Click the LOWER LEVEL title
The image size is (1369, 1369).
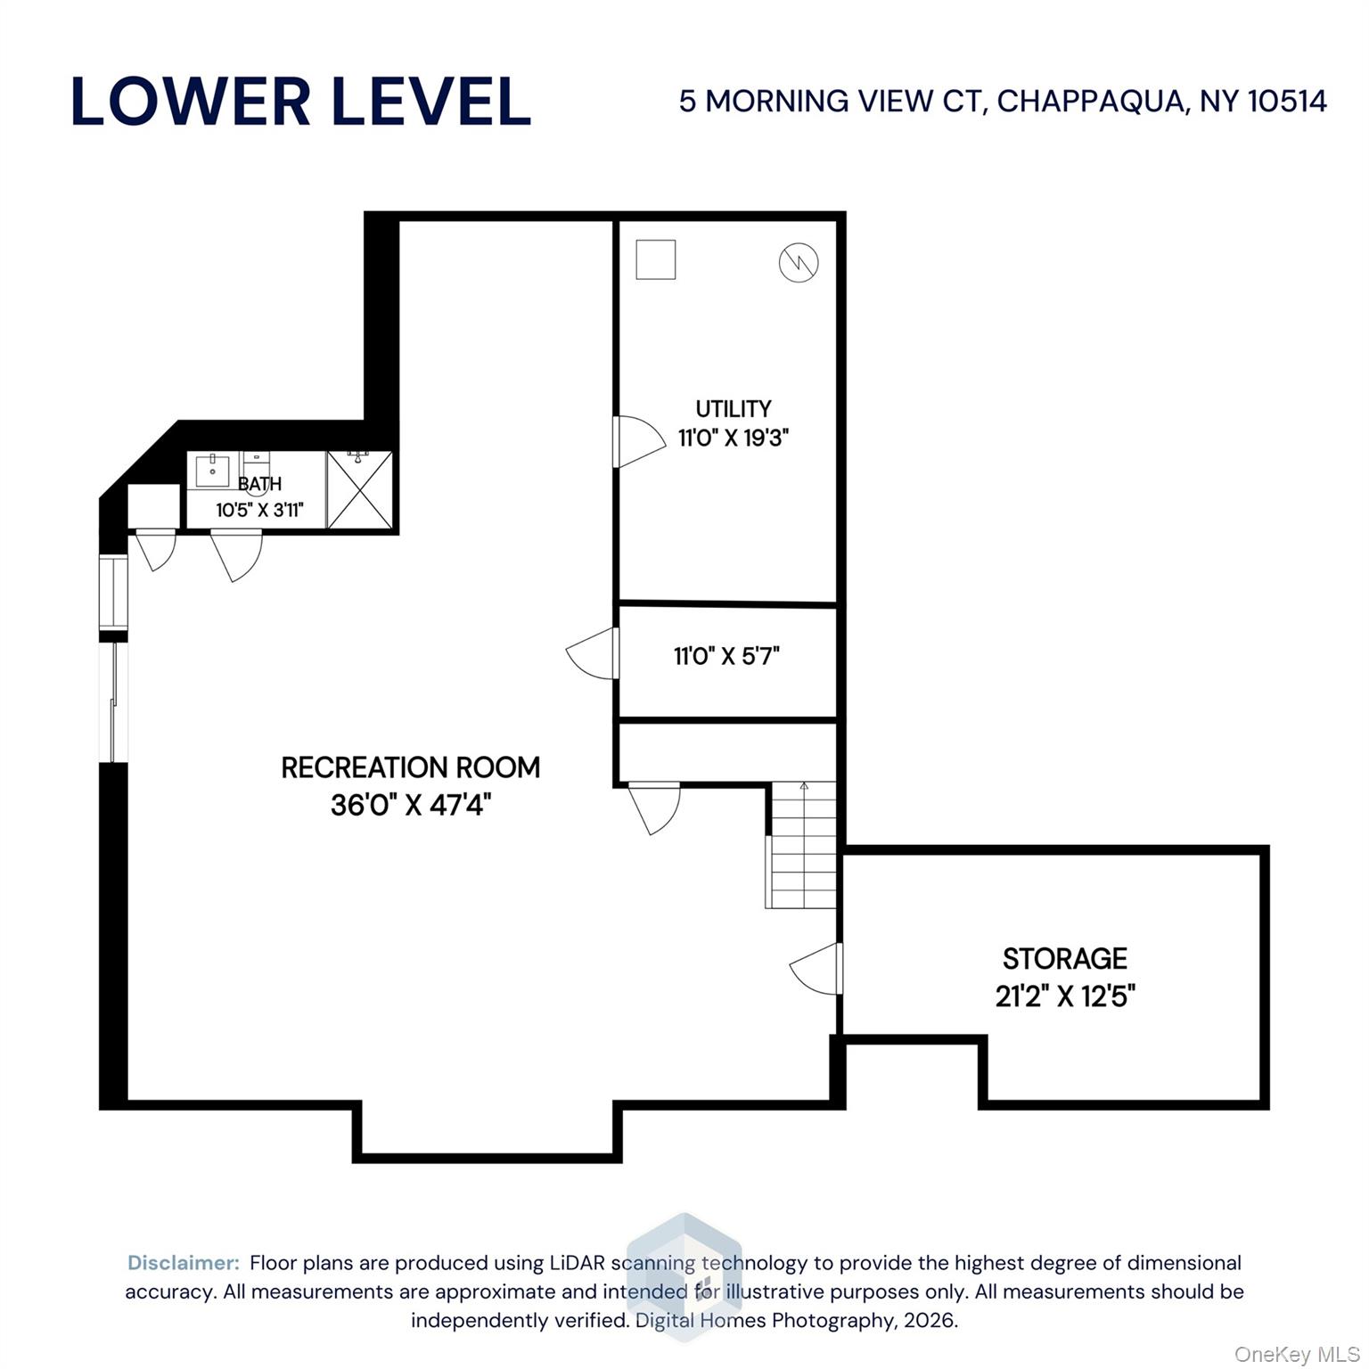[301, 102]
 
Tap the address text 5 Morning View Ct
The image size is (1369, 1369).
[1002, 102]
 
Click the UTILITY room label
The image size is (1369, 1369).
[733, 409]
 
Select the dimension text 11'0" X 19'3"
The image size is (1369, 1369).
[733, 439]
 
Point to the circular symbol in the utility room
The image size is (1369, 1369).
[798, 262]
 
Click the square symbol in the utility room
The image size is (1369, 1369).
[655, 260]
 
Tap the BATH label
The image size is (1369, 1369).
[259, 484]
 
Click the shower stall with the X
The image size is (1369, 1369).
[359, 490]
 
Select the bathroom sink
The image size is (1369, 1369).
[212, 470]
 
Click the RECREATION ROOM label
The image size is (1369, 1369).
[410, 767]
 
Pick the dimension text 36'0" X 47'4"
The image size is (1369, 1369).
[410, 806]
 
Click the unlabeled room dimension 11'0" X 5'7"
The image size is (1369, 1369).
[726, 657]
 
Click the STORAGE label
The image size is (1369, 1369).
[1064, 959]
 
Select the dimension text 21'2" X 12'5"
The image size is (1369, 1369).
[1064, 996]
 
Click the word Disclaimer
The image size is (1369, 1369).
[184, 1263]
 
